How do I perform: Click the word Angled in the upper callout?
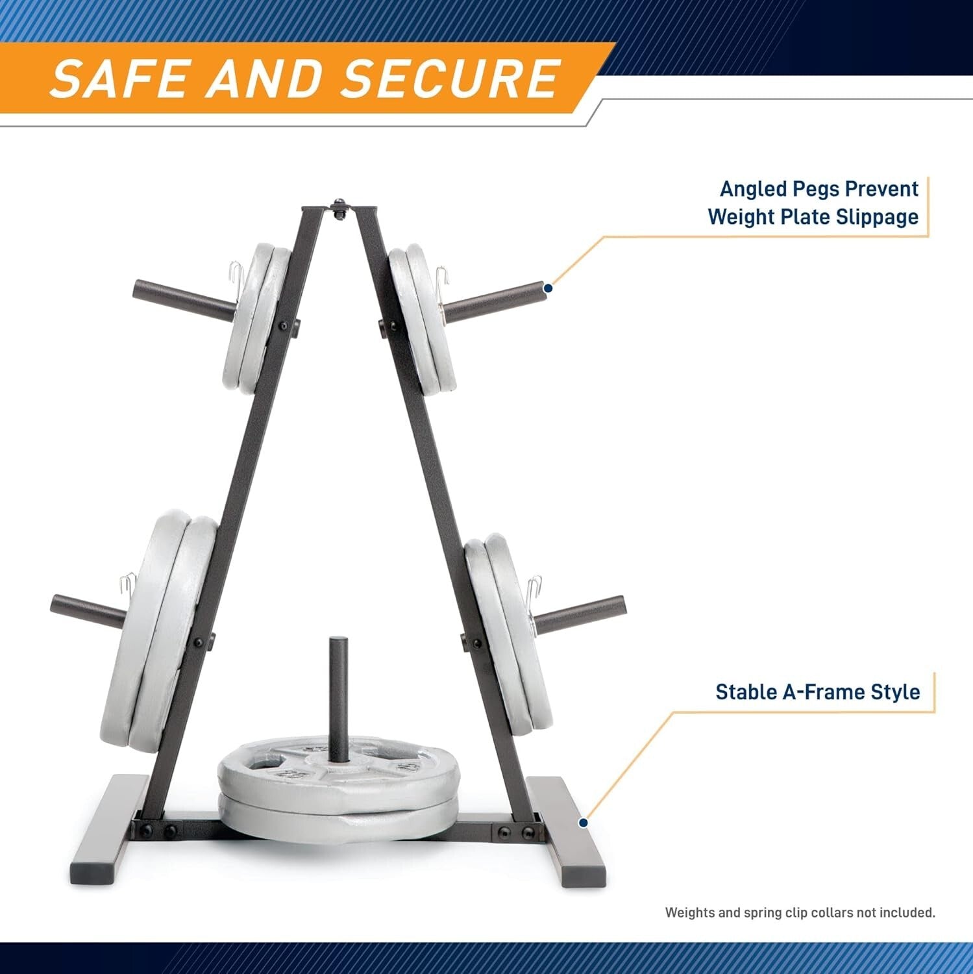[754, 189]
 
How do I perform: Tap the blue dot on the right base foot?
[582, 823]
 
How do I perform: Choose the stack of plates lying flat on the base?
[338, 789]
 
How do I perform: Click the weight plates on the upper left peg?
[256, 318]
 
